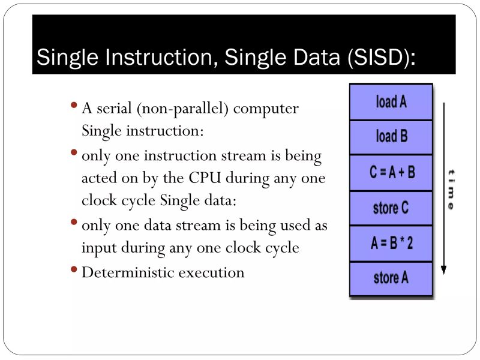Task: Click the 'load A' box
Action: [391, 102]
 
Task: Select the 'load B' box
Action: [391, 137]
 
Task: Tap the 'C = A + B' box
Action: [391, 173]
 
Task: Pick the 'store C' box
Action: [391, 208]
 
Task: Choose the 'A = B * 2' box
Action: [391, 244]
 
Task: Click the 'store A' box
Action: [391, 278]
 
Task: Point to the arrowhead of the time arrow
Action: [443, 270]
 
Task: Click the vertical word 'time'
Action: [450, 188]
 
